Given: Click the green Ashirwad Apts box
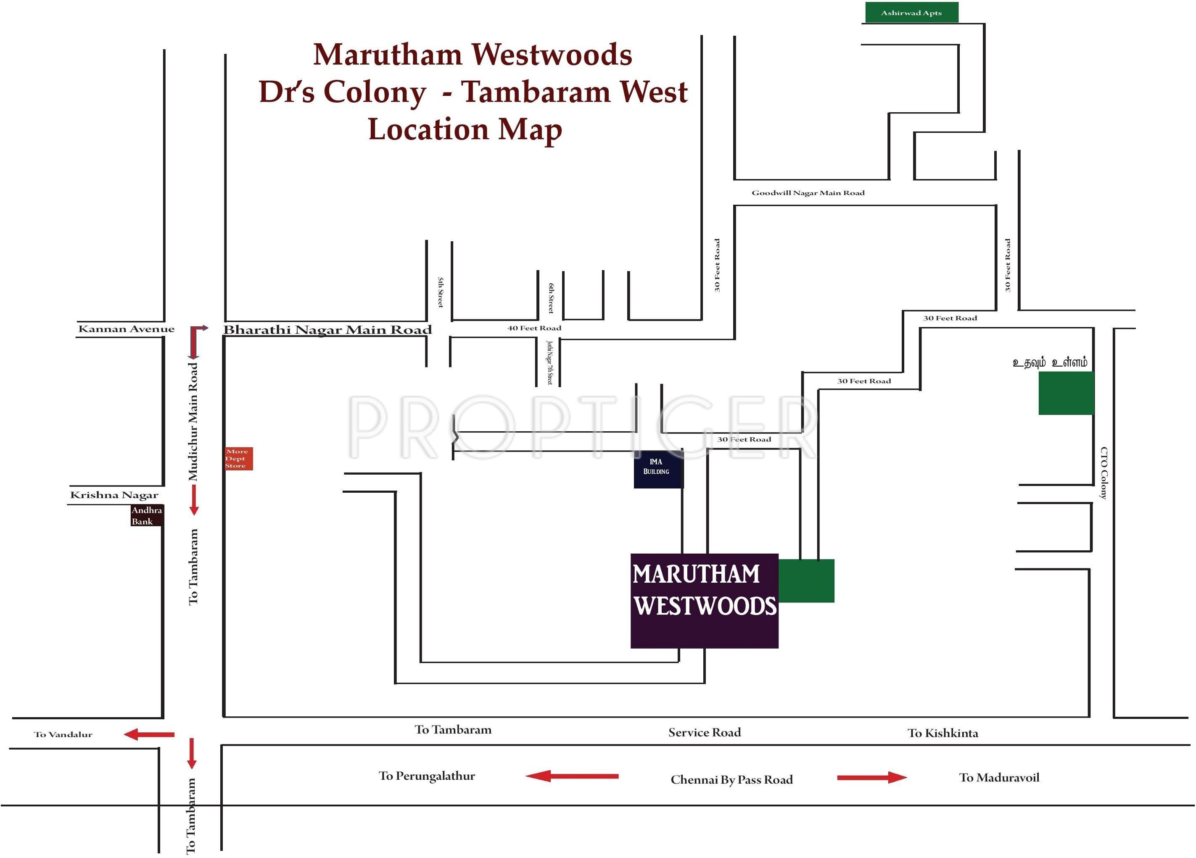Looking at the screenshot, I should [x=911, y=13].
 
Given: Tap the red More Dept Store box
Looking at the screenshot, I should [x=238, y=458].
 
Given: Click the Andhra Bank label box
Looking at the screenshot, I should [x=147, y=515].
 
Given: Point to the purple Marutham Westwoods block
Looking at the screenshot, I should [x=704, y=600].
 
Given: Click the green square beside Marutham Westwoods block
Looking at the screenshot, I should [x=806, y=581].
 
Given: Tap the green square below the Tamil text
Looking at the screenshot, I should [x=1066, y=393].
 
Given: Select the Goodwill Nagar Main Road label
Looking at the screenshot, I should [x=808, y=193].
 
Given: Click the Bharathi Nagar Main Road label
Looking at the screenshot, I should [x=327, y=330].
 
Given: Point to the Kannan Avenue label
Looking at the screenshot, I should [x=126, y=329].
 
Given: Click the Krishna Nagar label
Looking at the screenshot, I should [x=114, y=495].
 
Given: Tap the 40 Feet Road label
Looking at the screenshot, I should [x=534, y=328].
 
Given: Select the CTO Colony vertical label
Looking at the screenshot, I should [x=1103, y=473].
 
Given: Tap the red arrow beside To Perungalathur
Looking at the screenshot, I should [x=572, y=776].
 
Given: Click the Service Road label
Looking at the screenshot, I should [x=705, y=732].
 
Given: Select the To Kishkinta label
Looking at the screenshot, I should [x=943, y=733].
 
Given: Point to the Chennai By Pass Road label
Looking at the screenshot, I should [x=731, y=779].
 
